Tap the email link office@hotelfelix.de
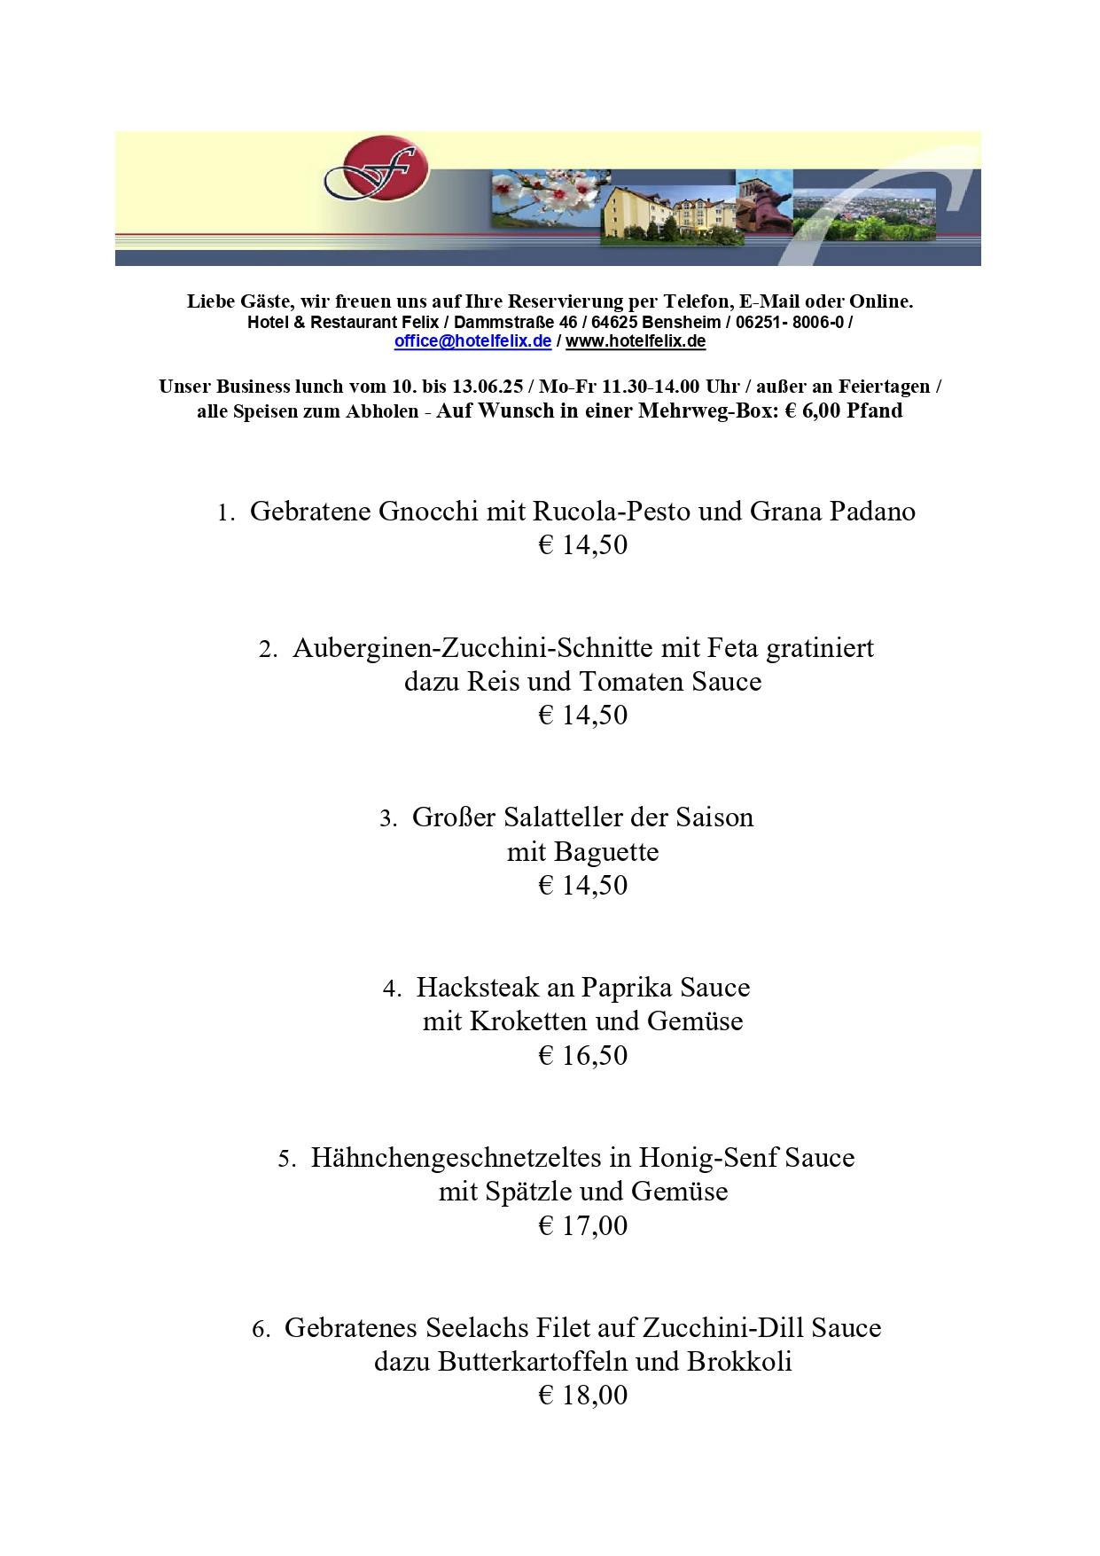click(x=472, y=341)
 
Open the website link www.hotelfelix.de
click(x=636, y=341)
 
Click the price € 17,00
click(x=582, y=1225)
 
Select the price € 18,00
click(x=582, y=1395)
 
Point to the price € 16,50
click(x=582, y=1055)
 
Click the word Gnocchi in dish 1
click(x=428, y=512)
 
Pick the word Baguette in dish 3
click(x=605, y=852)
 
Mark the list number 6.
click(x=261, y=1329)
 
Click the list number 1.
click(x=225, y=513)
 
